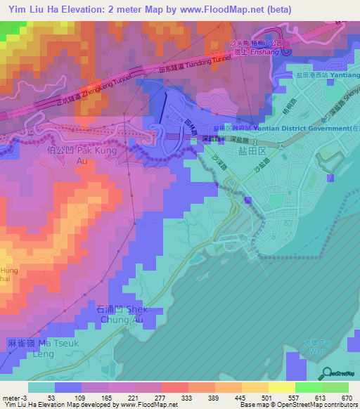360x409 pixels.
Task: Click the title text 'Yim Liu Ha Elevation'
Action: coord(70,11)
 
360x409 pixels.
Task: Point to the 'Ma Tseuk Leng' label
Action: coord(40,349)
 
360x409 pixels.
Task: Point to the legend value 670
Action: coord(345,398)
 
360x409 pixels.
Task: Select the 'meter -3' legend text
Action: coord(14,398)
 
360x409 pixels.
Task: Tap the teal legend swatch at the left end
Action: coord(41,387)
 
